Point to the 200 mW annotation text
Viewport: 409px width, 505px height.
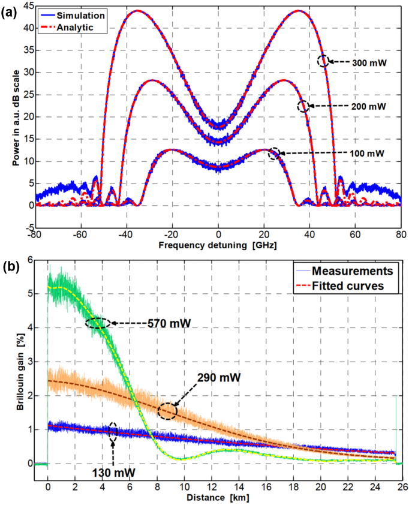(361, 106)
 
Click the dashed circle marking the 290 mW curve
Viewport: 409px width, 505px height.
(167, 411)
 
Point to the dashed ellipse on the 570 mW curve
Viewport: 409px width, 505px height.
(98, 323)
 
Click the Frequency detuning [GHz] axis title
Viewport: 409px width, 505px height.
(218, 246)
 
